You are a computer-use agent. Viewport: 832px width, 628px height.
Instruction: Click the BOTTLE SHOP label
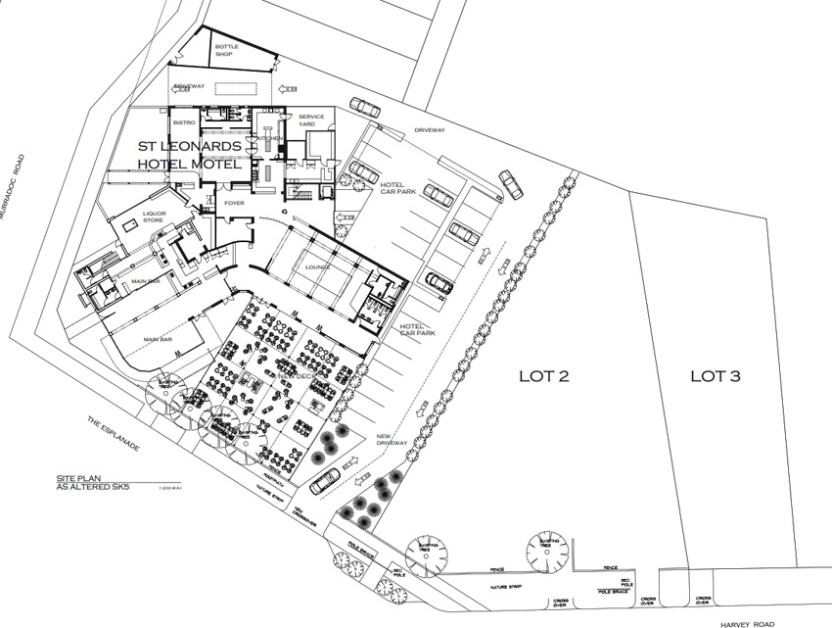tap(227, 50)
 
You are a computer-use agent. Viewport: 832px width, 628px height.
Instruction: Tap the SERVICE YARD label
tap(311, 121)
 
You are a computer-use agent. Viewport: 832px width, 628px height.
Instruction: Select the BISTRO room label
tap(184, 122)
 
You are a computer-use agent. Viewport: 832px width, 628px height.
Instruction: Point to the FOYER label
tap(234, 203)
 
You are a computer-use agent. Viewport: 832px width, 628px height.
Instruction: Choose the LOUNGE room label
tap(316, 266)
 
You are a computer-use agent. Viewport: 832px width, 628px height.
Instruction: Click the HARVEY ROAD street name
tap(748, 623)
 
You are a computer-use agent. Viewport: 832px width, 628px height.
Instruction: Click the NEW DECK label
tap(295, 376)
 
